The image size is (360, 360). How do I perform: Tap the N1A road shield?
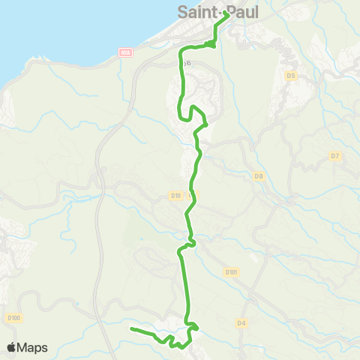(125, 52)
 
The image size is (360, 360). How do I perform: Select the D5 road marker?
(292, 76)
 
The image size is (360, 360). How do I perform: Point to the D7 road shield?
(335, 156)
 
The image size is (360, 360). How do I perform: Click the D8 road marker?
(259, 176)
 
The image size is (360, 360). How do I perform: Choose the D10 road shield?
(175, 196)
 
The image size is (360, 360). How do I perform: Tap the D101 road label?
(232, 272)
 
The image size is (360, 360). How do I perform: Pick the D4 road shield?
(241, 323)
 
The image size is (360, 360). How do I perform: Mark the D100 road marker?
(13, 318)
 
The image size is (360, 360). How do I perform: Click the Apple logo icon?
(12, 347)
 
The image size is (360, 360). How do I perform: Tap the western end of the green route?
(131, 328)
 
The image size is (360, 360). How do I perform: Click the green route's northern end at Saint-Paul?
(226, 13)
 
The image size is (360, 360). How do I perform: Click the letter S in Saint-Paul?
(182, 11)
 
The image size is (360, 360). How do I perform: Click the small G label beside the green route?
(189, 63)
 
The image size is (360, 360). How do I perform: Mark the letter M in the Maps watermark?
(23, 347)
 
